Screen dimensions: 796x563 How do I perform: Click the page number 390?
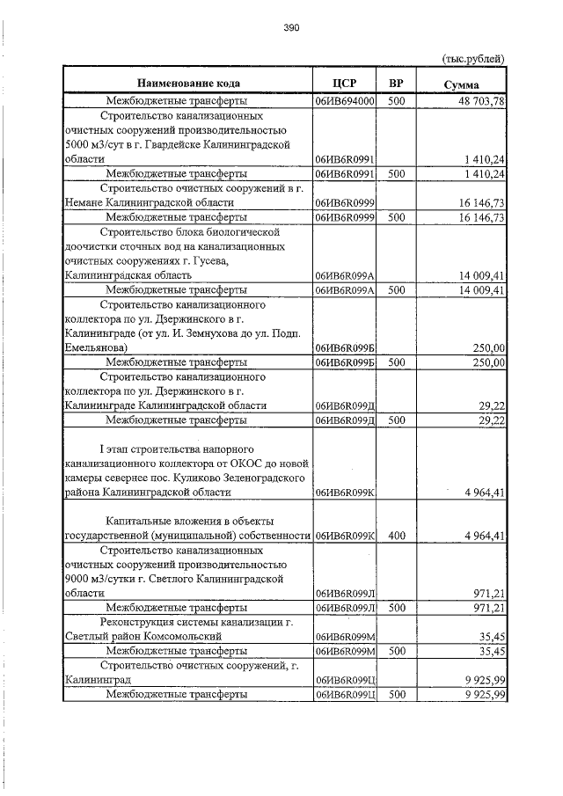291,28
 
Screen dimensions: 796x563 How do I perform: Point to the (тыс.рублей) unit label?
472,59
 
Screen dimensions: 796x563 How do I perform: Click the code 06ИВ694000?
345,101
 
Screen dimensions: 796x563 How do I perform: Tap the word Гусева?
205,260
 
